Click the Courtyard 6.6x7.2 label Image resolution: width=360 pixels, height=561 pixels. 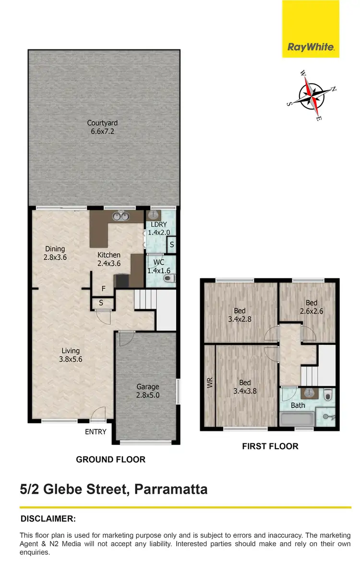[x=102, y=127]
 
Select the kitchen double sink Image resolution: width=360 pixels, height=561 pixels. [x=120, y=217]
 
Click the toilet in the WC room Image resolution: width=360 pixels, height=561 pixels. [x=171, y=277]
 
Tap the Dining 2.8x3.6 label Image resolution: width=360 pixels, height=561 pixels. [x=55, y=253]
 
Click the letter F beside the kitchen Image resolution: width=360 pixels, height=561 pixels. [x=103, y=289]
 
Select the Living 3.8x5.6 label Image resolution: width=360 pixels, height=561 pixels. [x=70, y=354]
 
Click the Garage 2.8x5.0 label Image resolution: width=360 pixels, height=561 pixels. [x=147, y=390]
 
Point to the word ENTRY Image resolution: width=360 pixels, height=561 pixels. [x=96, y=432]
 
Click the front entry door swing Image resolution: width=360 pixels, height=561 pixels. [x=99, y=413]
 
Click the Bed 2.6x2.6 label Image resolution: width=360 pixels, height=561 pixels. [x=312, y=306]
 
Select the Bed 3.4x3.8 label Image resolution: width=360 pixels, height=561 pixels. [x=245, y=387]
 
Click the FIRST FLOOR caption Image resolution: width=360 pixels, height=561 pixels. [x=270, y=446]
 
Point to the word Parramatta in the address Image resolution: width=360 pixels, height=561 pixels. [x=171, y=489]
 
